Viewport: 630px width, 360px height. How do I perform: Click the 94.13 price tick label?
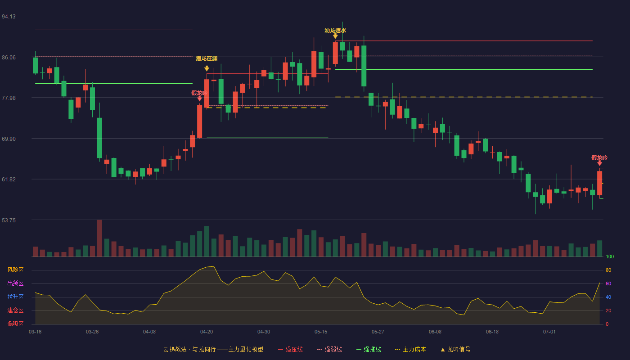click(x=9, y=17)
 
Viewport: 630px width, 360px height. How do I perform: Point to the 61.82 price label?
click(x=9, y=180)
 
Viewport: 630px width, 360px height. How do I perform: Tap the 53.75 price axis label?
click(x=9, y=220)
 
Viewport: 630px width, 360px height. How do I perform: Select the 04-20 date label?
click(x=207, y=332)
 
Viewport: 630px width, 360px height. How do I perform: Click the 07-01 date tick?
click(x=549, y=332)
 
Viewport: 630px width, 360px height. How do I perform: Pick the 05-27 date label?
click(x=378, y=332)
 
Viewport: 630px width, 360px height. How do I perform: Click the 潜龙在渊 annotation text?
click(x=207, y=58)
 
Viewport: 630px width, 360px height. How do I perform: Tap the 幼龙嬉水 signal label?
click(x=335, y=31)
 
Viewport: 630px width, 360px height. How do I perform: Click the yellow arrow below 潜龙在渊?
click(x=207, y=68)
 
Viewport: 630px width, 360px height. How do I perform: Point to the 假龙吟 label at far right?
click(x=599, y=158)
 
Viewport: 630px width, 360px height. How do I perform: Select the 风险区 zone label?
click(x=15, y=270)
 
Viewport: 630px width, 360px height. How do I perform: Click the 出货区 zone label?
click(x=15, y=283)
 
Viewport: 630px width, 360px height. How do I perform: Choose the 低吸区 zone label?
click(x=15, y=324)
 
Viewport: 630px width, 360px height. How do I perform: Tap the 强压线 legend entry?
click(x=290, y=349)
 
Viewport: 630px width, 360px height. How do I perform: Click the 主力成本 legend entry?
click(x=410, y=349)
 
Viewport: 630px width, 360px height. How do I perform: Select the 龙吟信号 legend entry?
click(x=455, y=349)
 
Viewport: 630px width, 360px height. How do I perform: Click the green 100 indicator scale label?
click(x=610, y=256)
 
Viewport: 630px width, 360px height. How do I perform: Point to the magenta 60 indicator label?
click(x=608, y=283)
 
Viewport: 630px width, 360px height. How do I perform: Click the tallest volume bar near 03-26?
click(x=99, y=238)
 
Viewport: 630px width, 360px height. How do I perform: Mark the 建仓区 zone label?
click(x=15, y=310)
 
